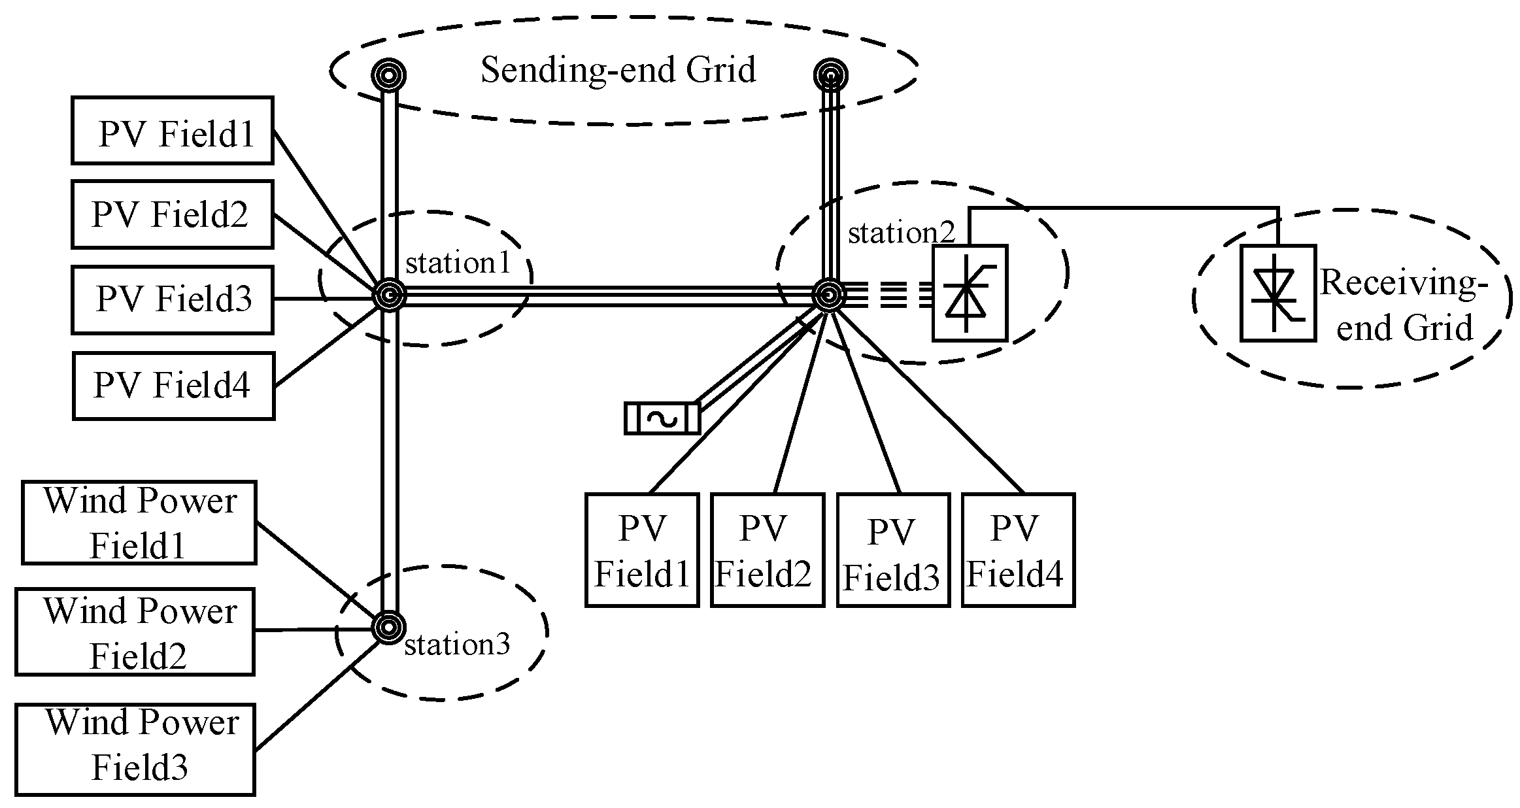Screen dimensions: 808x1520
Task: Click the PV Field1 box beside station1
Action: click(x=172, y=130)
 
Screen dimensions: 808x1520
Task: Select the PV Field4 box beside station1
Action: click(x=173, y=386)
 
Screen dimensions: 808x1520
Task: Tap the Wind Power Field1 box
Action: click(x=139, y=522)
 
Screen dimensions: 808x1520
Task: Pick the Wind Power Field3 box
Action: click(x=135, y=749)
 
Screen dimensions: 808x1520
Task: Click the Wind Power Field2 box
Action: click(x=135, y=631)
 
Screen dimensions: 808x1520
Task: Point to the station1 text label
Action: click(x=457, y=263)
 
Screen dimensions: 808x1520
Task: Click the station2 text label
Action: click(x=901, y=233)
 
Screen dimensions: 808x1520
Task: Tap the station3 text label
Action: click(x=457, y=645)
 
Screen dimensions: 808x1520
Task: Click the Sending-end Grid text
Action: click(x=618, y=70)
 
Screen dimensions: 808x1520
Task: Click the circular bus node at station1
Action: click(x=389, y=296)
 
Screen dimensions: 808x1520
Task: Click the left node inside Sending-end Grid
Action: click(x=388, y=75)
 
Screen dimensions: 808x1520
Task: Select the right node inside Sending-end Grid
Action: click(x=830, y=75)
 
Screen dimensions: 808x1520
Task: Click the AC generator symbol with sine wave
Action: click(x=662, y=418)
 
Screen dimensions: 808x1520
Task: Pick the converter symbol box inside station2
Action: click(x=969, y=293)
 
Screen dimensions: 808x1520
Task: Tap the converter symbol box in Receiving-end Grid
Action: click(x=1277, y=293)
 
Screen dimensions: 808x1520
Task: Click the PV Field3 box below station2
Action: click(x=892, y=550)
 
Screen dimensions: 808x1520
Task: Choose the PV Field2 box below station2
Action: click(x=767, y=550)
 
